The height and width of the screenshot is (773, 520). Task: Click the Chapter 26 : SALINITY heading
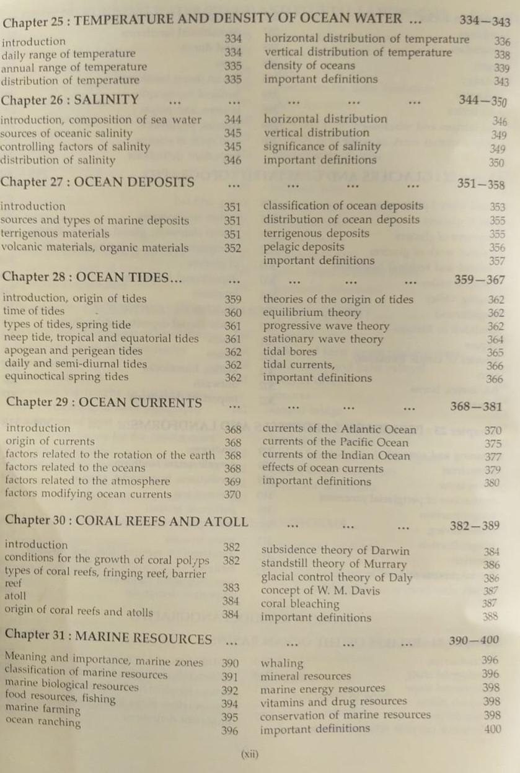pos(69,100)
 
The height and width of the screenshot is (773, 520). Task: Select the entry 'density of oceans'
pos(309,66)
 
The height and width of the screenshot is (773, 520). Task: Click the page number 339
pos(502,68)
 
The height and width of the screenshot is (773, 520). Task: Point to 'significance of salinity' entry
pos(322,147)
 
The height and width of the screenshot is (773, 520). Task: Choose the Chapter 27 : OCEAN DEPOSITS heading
pos(97,182)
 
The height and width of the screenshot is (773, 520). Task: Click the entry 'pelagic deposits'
pos(304,247)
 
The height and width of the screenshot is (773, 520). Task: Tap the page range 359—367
pos(479,280)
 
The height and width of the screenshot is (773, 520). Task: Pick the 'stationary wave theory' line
pos(323,339)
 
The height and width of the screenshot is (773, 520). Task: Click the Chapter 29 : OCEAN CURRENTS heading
pos(104,402)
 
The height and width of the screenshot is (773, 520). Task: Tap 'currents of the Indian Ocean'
pos(336,455)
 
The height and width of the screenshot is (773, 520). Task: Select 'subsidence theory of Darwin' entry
pos(335,550)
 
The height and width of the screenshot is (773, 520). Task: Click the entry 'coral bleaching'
pos(300,603)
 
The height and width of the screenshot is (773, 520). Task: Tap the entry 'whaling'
pos(282,663)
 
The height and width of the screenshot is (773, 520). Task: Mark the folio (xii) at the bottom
pos(249,754)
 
